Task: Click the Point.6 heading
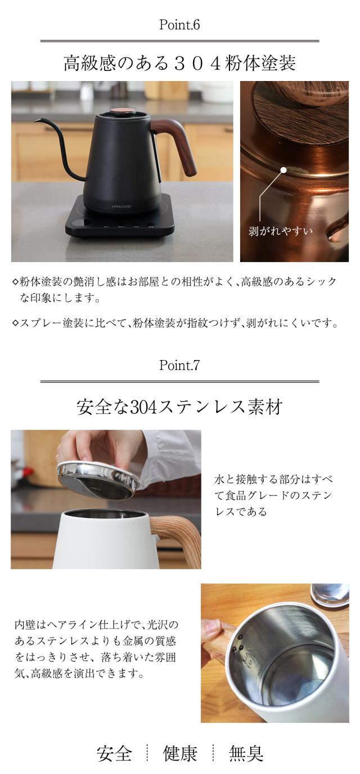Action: (179, 25)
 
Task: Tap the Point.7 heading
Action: (179, 366)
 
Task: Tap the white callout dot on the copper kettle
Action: (283, 169)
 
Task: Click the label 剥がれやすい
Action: (280, 231)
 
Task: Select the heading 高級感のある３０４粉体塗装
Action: (179, 63)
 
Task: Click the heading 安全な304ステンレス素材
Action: (179, 407)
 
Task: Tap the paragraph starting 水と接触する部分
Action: (273, 496)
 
